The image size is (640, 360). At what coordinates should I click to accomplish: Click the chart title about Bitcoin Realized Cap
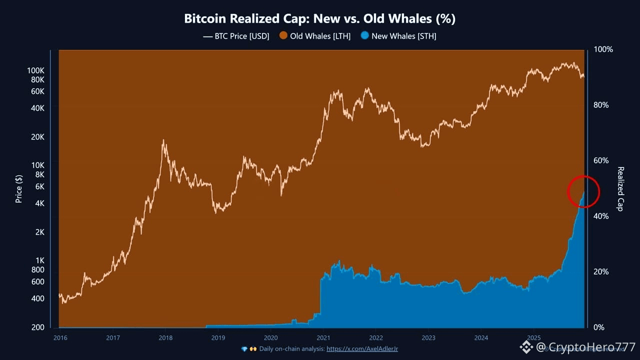click(319, 19)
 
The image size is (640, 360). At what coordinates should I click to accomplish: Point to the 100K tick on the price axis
click(36, 70)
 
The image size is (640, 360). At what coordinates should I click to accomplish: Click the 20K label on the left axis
click(38, 137)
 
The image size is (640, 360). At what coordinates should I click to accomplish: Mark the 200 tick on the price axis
click(38, 327)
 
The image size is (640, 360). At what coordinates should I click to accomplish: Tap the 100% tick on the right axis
click(603, 49)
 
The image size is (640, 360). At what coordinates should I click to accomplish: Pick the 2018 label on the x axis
click(165, 337)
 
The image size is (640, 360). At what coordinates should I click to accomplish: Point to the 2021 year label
click(323, 337)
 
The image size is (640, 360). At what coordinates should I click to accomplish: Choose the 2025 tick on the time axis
click(533, 337)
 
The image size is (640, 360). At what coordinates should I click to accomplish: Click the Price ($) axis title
click(19, 188)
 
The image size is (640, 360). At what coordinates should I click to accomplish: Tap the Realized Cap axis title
click(620, 188)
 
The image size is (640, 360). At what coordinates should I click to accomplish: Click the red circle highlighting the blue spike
click(583, 191)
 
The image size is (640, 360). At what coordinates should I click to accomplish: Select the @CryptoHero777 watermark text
click(585, 347)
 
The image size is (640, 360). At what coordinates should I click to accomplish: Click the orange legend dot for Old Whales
click(283, 36)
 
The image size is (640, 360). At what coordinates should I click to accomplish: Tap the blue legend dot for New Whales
click(365, 36)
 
